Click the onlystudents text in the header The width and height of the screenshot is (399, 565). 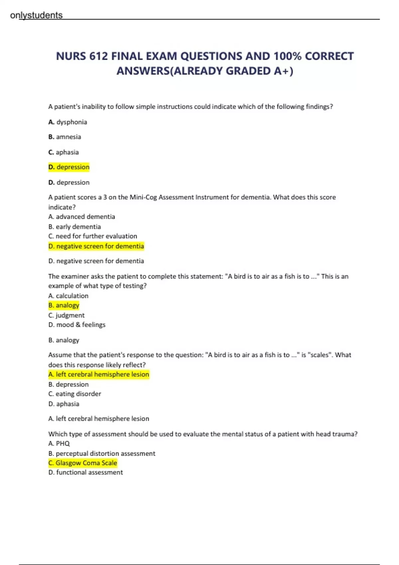[36, 15]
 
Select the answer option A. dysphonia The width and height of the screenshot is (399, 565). [67, 122]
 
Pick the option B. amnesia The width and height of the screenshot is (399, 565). [65, 137]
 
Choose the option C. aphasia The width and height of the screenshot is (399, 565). [64, 152]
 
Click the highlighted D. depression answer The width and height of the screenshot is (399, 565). [69, 167]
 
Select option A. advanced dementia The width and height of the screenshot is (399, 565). [81, 217]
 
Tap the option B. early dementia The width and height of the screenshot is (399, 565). [74, 227]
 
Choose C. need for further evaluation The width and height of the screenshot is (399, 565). [92, 236]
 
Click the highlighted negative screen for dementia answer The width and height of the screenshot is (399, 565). [96, 246]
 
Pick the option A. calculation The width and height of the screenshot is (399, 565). [68, 296]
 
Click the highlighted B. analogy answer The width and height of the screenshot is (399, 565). [64, 305]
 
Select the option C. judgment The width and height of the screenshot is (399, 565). [66, 315]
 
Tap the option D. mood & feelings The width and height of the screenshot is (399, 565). [77, 325]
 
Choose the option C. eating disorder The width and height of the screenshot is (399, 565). [74, 394]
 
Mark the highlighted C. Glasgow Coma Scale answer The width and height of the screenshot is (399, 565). [82, 463]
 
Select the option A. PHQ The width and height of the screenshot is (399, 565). [59, 444]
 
